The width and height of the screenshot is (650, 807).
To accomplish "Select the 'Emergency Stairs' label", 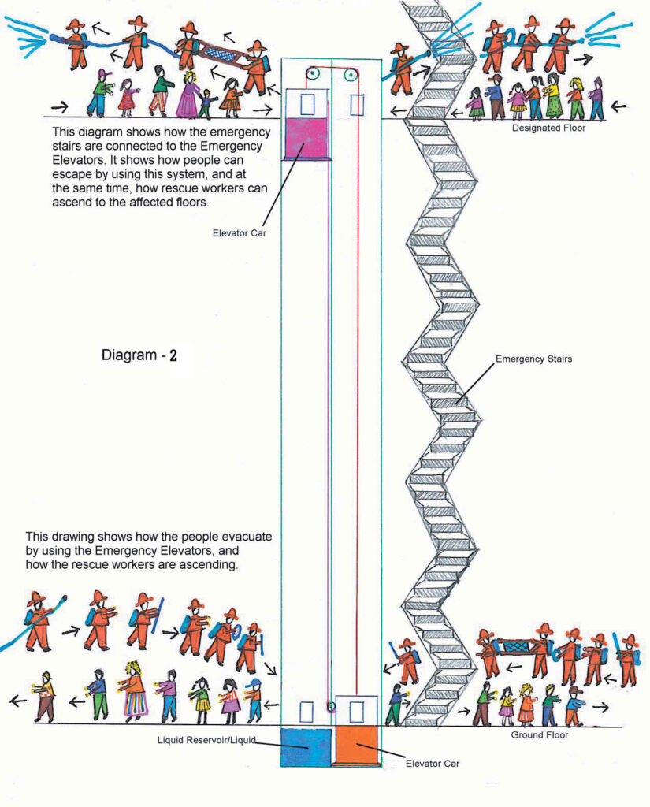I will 533,359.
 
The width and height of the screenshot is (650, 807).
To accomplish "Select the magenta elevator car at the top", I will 307,137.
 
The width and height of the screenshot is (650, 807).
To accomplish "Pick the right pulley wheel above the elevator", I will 349,75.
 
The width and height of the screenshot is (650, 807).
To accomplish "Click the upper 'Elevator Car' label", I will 240,232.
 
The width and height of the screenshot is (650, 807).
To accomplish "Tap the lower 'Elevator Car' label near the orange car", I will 432,763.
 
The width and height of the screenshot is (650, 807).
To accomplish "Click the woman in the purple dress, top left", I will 189,96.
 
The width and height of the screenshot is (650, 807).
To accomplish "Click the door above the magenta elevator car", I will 308,102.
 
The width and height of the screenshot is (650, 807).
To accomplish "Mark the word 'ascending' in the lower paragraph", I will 199,565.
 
